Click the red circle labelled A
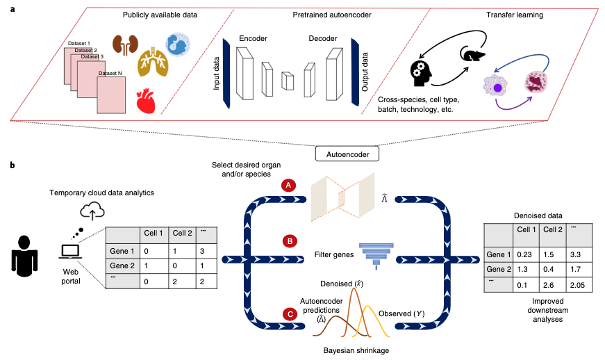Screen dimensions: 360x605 tap(289, 186)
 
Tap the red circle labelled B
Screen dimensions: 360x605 tap(289, 242)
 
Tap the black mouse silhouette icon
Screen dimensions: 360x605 tap(472, 53)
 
